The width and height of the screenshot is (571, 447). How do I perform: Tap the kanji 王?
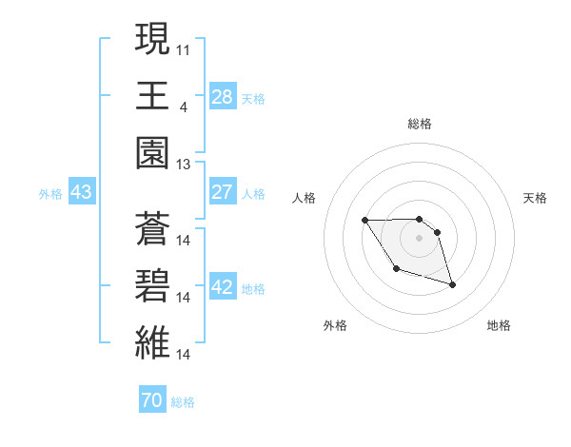[x=151, y=96]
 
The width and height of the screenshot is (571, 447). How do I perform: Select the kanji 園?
[x=151, y=153]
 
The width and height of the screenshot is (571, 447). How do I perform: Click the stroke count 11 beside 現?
[x=184, y=49]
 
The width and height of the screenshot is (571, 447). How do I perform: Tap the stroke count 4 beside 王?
[x=183, y=106]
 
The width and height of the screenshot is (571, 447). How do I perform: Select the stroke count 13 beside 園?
[x=184, y=164]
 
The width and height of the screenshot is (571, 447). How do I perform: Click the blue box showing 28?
[x=223, y=96]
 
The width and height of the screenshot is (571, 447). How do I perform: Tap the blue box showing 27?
[x=223, y=191]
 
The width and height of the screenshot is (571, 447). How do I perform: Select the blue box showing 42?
[x=223, y=287]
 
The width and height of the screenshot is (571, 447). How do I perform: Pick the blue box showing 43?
[x=82, y=192]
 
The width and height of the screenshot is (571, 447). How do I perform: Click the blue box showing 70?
[x=152, y=400]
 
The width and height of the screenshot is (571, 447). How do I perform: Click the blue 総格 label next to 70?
[x=183, y=402]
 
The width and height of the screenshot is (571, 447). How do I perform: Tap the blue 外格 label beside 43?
[x=50, y=194]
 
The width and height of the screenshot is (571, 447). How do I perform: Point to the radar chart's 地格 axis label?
[x=499, y=325]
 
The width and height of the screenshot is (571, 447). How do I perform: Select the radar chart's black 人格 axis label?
[x=305, y=198]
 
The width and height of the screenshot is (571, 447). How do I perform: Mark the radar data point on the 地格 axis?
[x=452, y=284]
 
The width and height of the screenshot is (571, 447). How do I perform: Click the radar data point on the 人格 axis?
[x=365, y=221]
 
